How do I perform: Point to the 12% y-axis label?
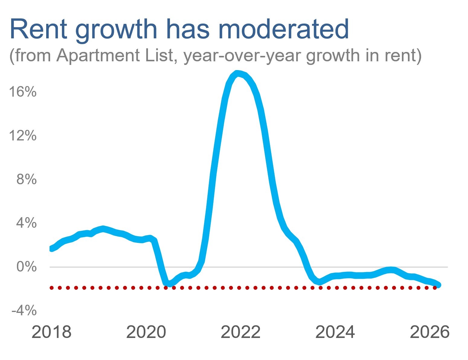23,136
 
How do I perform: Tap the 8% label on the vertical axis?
27,179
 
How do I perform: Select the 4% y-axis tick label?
27,223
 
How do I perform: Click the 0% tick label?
27,267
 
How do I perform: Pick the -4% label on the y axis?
24,310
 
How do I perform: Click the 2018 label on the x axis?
51,332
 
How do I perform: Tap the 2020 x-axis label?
146,332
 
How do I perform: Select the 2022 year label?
240,332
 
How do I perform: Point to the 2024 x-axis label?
335,332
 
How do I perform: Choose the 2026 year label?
429,332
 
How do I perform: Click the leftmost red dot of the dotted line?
52,288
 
